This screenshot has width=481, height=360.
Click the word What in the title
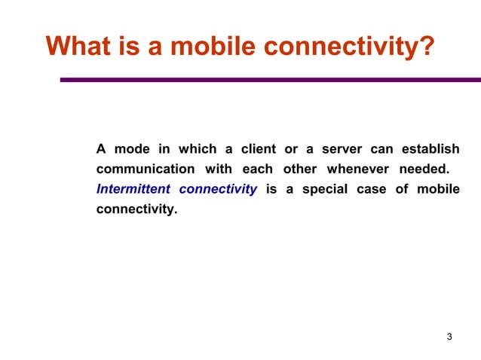[x=78, y=47]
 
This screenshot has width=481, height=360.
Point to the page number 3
[x=449, y=336]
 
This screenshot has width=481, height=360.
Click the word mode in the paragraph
[x=132, y=148]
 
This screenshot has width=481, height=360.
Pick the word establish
[x=430, y=148]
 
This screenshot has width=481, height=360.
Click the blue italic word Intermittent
[x=133, y=189]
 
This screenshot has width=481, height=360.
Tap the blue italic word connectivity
[x=218, y=189]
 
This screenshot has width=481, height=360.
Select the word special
[x=325, y=189]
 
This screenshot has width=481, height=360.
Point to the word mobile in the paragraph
[x=438, y=189]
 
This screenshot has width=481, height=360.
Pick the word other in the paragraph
[x=299, y=169]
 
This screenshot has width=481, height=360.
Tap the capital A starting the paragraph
[x=100, y=148]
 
